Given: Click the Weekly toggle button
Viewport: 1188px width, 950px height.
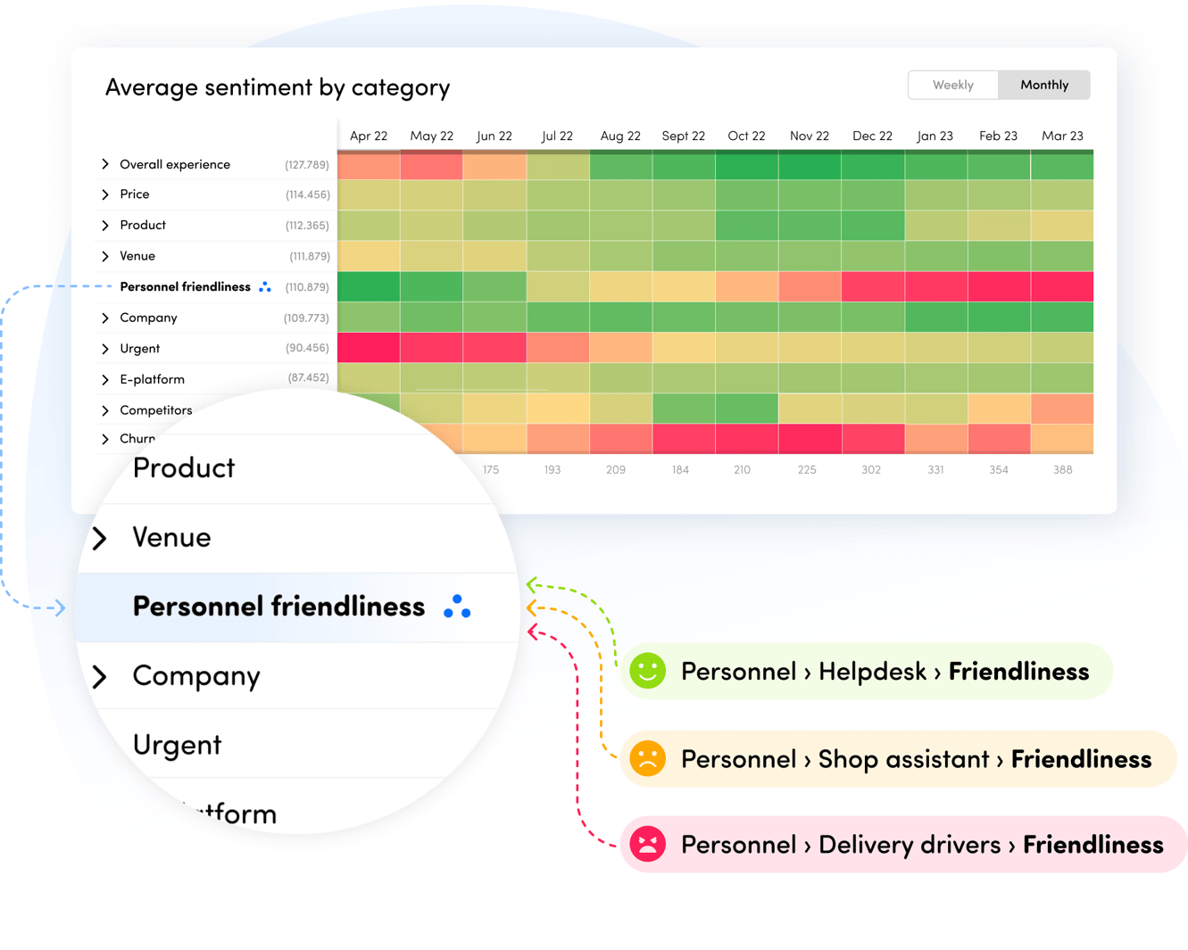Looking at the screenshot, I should pos(952,85).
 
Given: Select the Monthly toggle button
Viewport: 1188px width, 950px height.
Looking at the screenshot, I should pos(1043,85).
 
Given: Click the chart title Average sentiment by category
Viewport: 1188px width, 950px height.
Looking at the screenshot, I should pos(277,87).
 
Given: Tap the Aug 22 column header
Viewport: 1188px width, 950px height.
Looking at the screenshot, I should pos(619,136).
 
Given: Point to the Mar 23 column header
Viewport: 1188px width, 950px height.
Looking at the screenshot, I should pos(1062,136).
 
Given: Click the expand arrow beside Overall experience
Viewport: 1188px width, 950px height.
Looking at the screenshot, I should pos(105,164).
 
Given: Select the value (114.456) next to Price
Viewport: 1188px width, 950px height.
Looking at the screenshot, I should pos(307,194).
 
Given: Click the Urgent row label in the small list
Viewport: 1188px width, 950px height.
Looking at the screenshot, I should pos(140,349).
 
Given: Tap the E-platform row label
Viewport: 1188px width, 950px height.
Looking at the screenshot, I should pos(153,379).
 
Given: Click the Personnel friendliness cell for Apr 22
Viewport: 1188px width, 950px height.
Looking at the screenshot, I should pos(369,287).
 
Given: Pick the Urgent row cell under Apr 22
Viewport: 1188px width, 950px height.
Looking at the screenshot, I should pos(369,348).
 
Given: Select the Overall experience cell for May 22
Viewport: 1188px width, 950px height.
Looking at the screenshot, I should pos(431,166).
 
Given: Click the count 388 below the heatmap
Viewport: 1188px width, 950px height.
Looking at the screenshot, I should pos(1062,469).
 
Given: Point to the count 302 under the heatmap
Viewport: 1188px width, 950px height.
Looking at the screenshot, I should pos(871,469).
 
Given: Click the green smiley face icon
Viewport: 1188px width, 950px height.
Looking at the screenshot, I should pos(648,671).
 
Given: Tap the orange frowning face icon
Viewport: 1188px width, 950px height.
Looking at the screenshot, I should pos(648,758).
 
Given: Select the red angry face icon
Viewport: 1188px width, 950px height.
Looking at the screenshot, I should pos(648,844).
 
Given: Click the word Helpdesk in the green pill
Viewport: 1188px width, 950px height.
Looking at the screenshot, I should pos(872,671).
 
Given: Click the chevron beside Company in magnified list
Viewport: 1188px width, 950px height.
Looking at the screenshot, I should pos(100,676).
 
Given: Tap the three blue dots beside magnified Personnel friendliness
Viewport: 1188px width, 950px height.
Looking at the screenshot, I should pos(457,607).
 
